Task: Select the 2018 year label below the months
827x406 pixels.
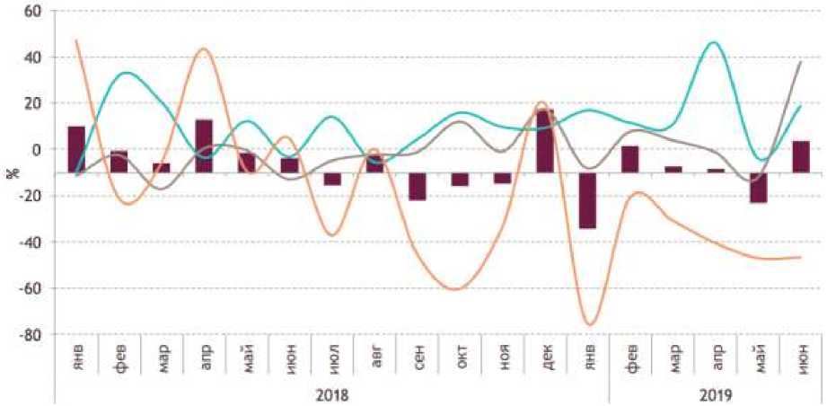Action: pos(332,394)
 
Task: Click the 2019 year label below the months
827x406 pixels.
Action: pos(716,394)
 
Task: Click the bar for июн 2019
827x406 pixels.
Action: pos(801,156)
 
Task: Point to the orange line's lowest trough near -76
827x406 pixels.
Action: pos(590,324)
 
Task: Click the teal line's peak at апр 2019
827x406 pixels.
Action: pos(714,42)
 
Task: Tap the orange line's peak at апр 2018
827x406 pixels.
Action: pos(203,49)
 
